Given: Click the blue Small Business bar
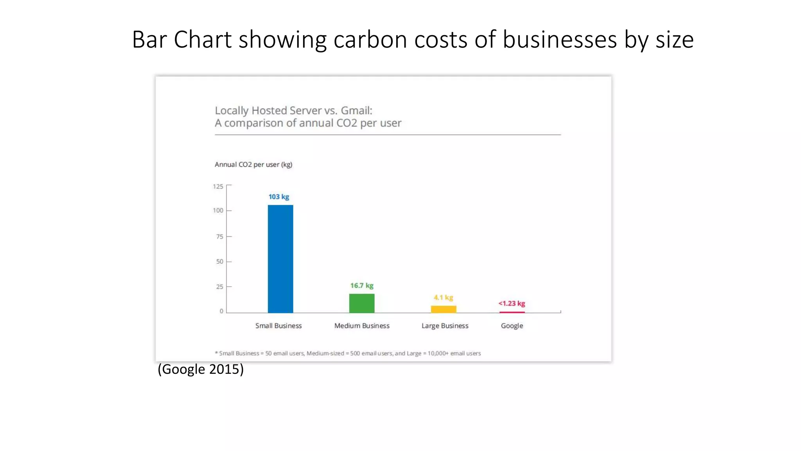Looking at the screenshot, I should [x=280, y=259].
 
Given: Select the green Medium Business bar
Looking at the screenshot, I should [x=362, y=303].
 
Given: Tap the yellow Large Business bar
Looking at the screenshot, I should [x=444, y=309].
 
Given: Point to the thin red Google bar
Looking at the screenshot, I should [x=512, y=312].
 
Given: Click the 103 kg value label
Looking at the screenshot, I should [x=279, y=197].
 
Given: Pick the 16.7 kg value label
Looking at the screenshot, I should [x=362, y=286].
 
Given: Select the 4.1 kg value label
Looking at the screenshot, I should [x=444, y=298].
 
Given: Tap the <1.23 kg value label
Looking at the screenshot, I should [x=512, y=303].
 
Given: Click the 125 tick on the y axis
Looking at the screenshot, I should [x=218, y=186].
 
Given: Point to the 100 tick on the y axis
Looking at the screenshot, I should [x=218, y=211].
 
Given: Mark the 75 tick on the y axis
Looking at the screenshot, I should [x=219, y=236].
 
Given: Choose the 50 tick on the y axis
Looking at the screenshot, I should [x=219, y=262].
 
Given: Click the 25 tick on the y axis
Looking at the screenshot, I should [x=219, y=287].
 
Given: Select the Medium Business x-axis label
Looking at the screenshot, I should [x=362, y=326].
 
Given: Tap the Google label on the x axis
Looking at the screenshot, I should [x=512, y=326].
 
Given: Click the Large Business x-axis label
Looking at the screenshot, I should [x=445, y=326].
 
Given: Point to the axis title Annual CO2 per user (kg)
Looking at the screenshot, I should [x=253, y=164].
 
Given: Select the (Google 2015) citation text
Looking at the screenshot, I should [x=201, y=369].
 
